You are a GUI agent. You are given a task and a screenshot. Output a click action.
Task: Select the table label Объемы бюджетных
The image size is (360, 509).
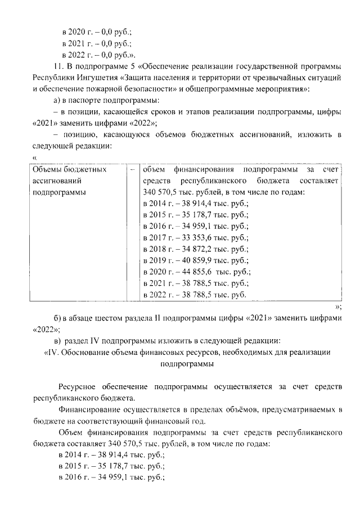(70, 169)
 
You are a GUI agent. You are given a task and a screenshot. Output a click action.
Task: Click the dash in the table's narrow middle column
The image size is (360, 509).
(132, 169)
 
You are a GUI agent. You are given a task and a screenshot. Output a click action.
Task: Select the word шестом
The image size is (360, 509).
(105, 319)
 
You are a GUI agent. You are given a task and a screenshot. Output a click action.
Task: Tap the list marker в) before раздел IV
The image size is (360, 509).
(57, 341)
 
